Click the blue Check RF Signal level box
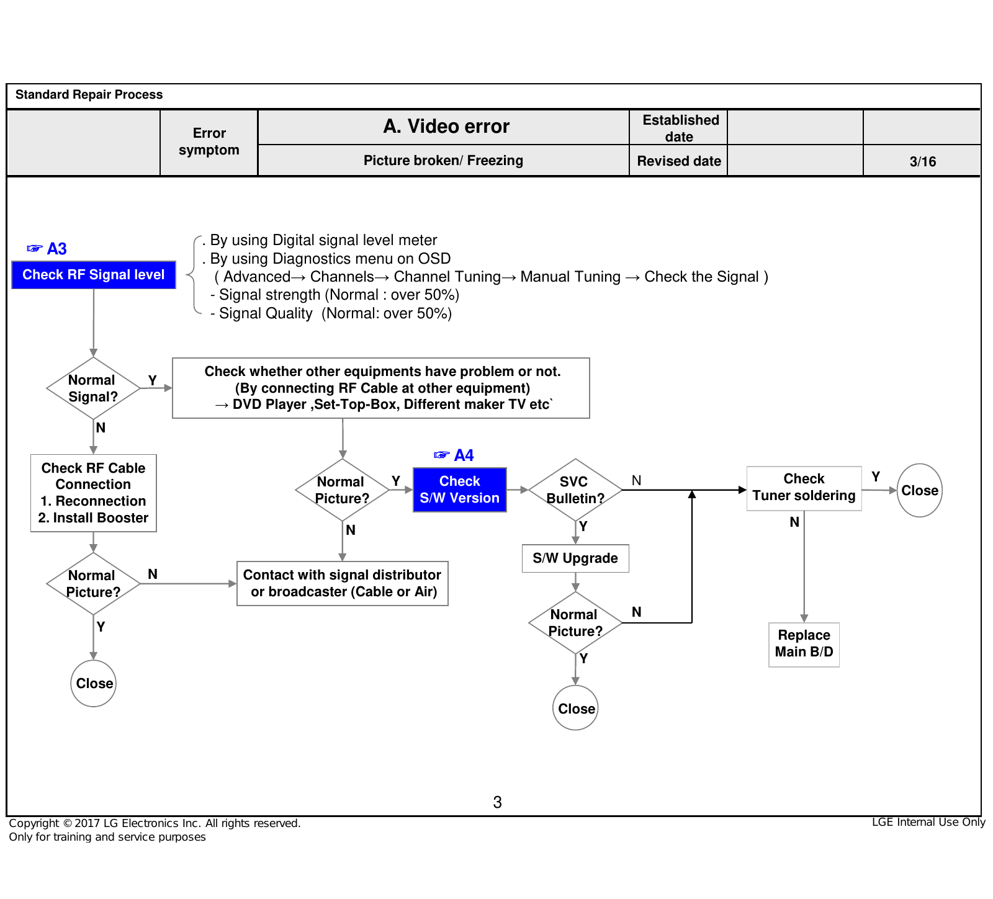coord(94,275)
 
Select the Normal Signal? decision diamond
coord(93,388)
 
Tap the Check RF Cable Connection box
coord(94,493)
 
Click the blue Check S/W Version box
coord(460,490)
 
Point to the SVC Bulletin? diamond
coord(575,490)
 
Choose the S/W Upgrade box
coord(575,558)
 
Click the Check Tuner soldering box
coord(804,488)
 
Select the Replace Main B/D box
coord(804,645)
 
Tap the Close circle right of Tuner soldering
coord(920,490)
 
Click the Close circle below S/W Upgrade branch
coord(576,708)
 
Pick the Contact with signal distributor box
coord(343,583)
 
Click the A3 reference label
coord(47,249)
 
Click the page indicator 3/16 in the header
coord(923,161)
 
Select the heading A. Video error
coord(446,127)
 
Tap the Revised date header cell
coord(679,161)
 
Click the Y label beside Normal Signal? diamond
coord(153,380)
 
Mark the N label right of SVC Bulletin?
coord(636,480)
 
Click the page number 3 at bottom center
coord(497,802)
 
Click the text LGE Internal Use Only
coord(928,822)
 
